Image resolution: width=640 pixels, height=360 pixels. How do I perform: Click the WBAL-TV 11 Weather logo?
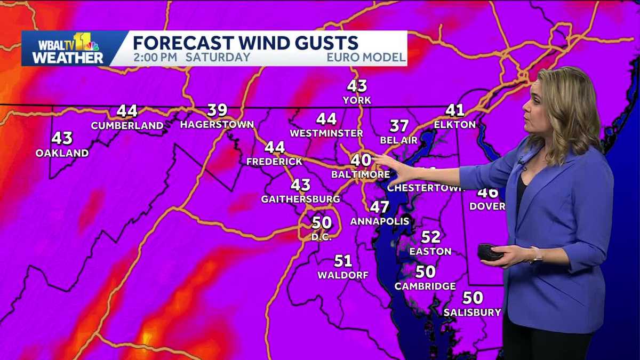click(x=67, y=49)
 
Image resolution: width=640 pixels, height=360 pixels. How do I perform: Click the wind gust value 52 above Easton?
click(x=430, y=237)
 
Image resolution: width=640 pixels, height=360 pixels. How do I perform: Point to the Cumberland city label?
click(x=127, y=126)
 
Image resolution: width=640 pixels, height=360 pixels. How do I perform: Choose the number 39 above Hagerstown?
click(x=217, y=110)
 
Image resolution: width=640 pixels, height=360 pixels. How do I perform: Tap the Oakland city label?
click(x=62, y=153)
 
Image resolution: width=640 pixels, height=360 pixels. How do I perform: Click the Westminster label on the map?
click(x=326, y=133)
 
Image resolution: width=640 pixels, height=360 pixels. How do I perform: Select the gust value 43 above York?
click(x=357, y=86)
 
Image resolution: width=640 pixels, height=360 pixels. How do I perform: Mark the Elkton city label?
click(x=454, y=125)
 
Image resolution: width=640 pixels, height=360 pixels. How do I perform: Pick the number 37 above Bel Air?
click(x=399, y=126)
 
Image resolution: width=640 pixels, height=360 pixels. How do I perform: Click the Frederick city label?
click(x=274, y=161)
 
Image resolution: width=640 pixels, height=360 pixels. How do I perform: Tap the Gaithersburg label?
click(x=300, y=199)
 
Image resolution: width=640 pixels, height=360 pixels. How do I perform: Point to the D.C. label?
click(x=322, y=237)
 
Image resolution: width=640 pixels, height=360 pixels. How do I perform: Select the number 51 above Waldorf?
click(x=343, y=261)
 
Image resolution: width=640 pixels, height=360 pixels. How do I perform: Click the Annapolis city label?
click(x=380, y=221)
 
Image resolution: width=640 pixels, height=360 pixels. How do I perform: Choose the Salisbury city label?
click(x=473, y=312)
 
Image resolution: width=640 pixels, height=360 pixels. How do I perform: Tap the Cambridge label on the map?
click(x=425, y=286)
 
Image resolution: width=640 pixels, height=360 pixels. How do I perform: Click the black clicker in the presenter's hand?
click(x=490, y=252)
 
